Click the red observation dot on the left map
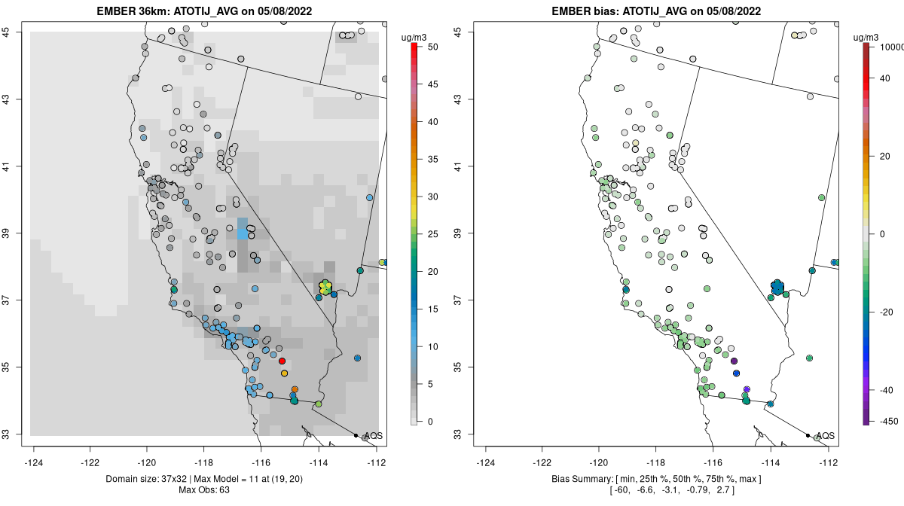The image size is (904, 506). click(282, 361)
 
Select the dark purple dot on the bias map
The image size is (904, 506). click(734, 361)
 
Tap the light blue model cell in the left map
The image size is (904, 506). click(243, 229)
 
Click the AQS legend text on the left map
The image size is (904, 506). click(373, 436)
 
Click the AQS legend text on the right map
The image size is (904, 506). click(825, 436)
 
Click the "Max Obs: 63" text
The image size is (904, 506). click(204, 491)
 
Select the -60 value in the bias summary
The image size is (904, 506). click(619, 491)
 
